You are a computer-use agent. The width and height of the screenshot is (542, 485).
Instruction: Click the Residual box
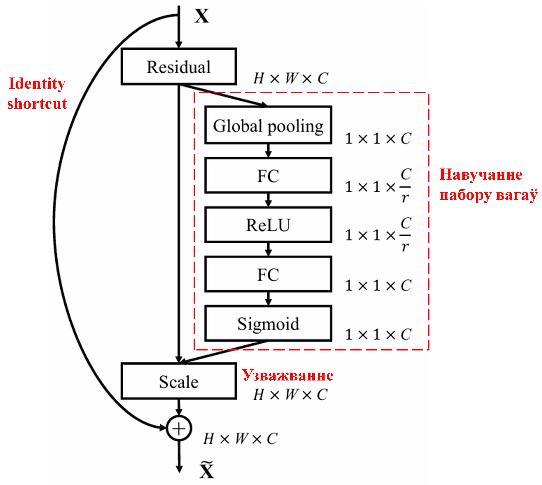tap(179, 66)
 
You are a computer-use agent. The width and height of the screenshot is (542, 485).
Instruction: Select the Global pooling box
tap(268, 125)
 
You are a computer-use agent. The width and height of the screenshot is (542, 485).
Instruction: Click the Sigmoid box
tap(268, 323)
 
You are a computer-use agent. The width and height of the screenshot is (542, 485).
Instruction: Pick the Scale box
tap(179, 381)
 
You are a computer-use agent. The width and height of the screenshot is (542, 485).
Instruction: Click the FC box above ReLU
tap(268, 175)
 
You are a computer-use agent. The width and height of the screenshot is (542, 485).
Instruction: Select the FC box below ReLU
tap(268, 274)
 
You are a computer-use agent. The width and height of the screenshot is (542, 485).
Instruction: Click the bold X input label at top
tap(202, 16)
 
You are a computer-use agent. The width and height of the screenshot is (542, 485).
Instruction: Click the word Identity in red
tap(37, 83)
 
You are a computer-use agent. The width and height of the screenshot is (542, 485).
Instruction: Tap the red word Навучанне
tap(481, 175)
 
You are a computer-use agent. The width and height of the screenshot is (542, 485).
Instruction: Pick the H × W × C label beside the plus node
tap(240, 439)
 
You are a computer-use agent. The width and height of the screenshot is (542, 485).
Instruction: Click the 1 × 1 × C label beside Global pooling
tap(378, 139)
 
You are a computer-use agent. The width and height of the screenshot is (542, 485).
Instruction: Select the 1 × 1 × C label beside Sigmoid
tap(378, 334)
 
